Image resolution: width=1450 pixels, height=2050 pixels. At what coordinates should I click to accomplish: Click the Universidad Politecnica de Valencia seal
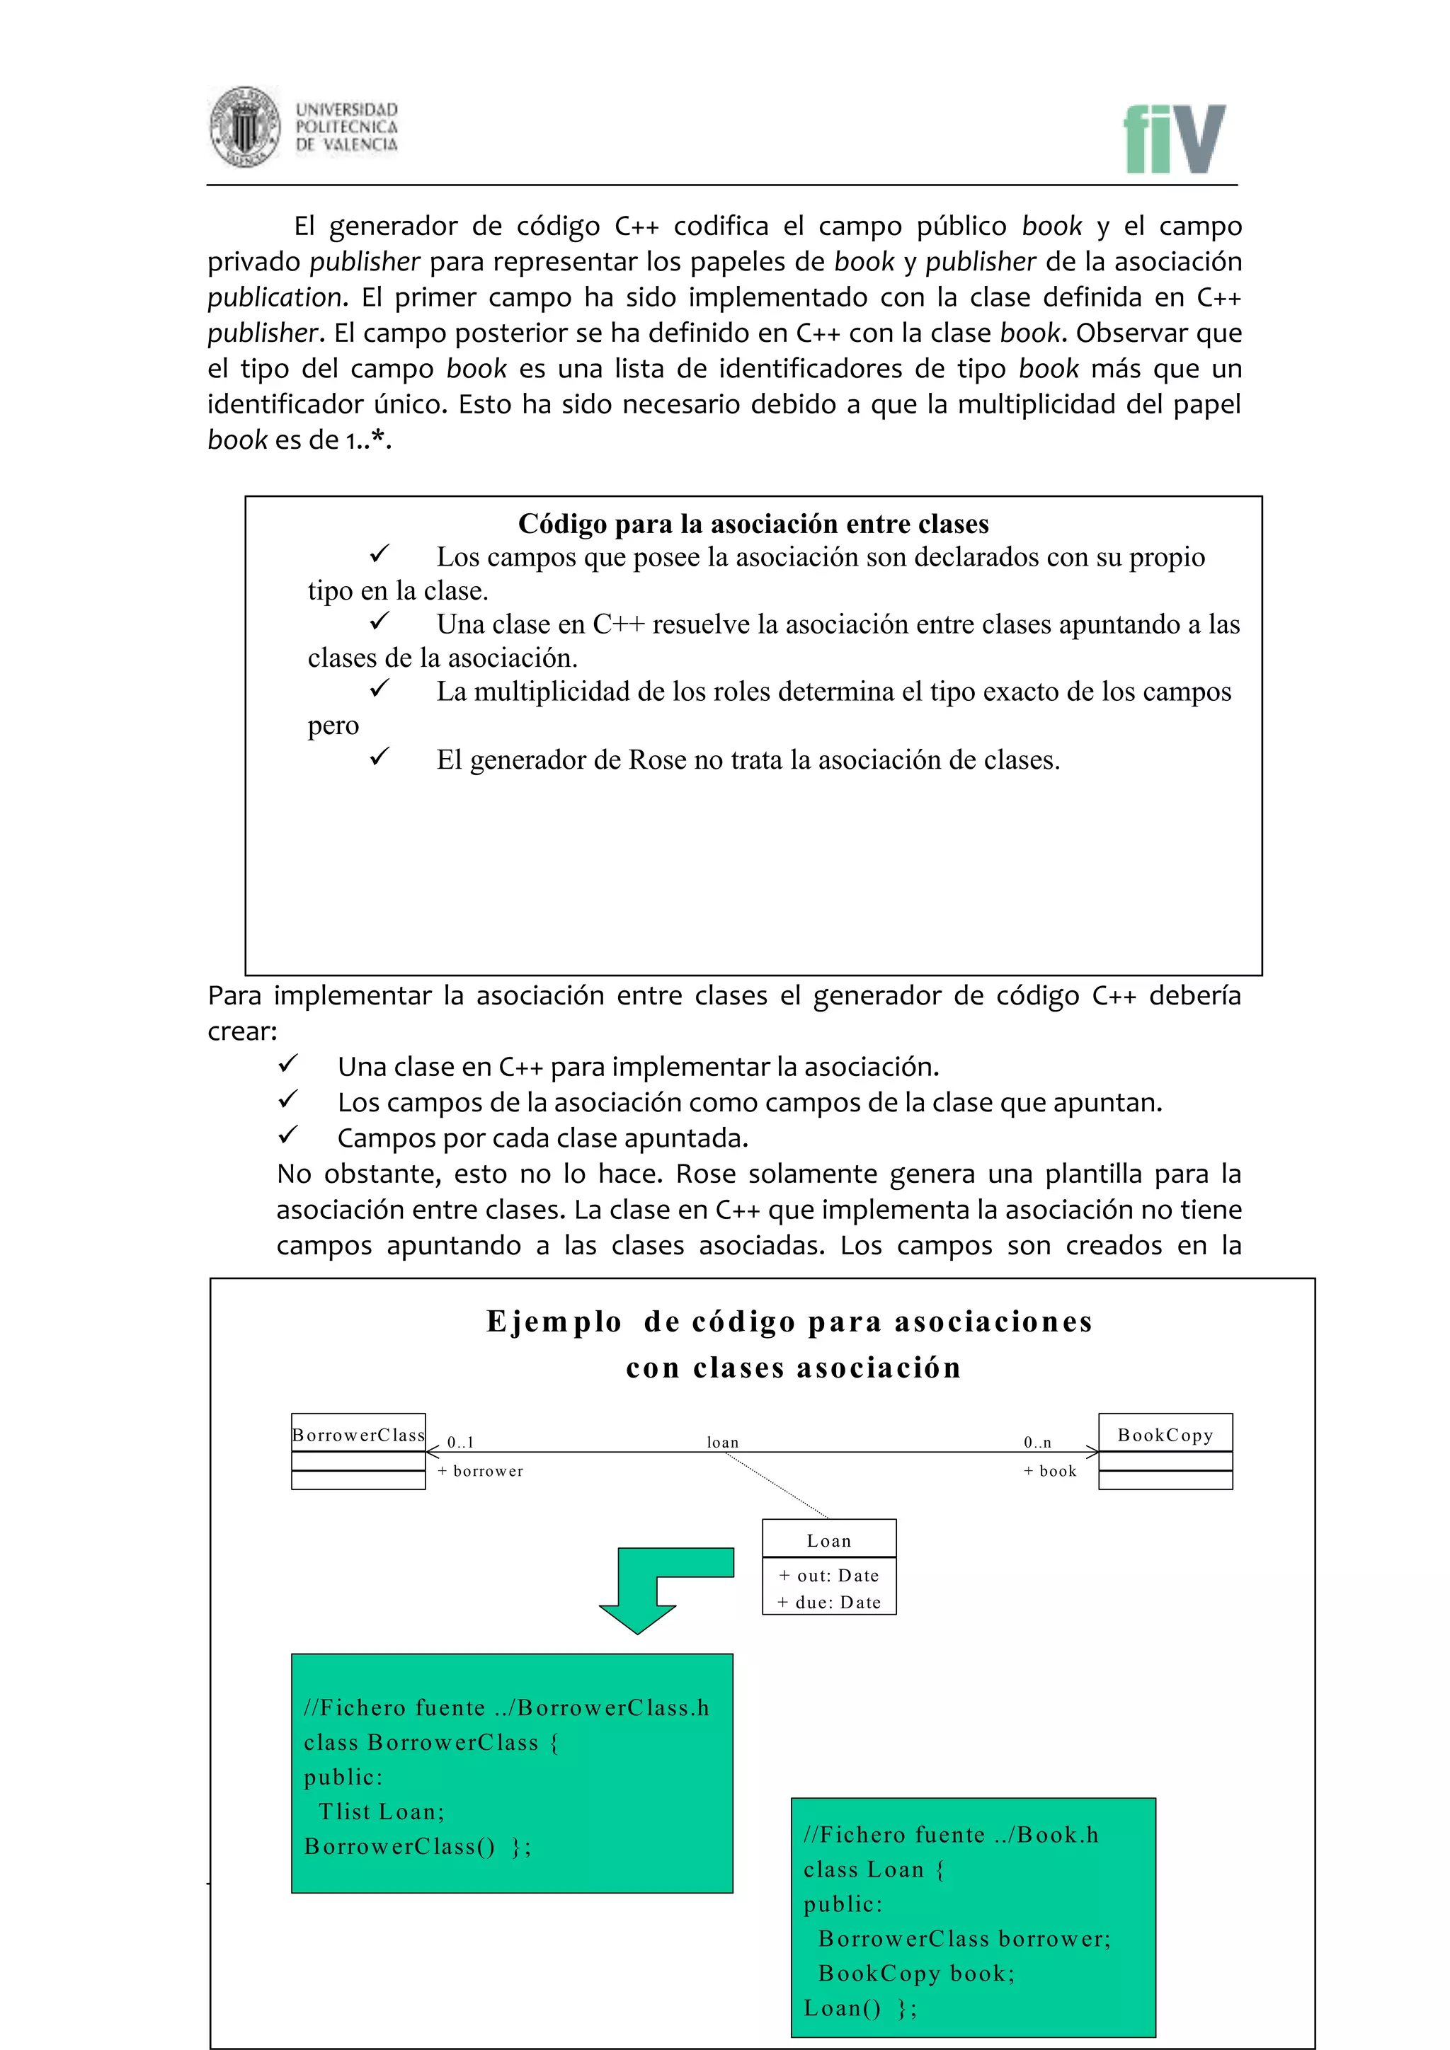coord(245,127)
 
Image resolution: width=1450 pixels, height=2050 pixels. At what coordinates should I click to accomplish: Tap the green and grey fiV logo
coord(1174,139)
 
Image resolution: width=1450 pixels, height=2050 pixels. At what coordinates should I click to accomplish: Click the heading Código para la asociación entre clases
coord(753,523)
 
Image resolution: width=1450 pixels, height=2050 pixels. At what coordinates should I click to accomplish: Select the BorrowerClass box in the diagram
coord(358,1451)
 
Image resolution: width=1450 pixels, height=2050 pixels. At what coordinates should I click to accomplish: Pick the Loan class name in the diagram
coord(828,1541)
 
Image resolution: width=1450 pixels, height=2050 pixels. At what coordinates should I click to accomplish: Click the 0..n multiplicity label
coord(1037,1442)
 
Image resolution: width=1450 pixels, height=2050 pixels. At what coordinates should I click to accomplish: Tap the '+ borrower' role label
coord(480,1470)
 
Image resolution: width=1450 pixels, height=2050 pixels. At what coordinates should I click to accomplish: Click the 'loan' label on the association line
coord(722,1442)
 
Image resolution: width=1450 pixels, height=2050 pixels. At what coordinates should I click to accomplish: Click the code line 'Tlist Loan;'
coord(381,1811)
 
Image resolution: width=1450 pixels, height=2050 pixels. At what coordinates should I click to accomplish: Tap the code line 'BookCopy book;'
coord(916,1974)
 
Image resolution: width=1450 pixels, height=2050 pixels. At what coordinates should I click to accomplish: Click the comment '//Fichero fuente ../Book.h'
coord(951,1835)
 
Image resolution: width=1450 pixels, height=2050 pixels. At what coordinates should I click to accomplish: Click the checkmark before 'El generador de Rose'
coord(379,757)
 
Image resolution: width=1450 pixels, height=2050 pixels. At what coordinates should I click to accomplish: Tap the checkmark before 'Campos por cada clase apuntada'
coord(287,1135)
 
